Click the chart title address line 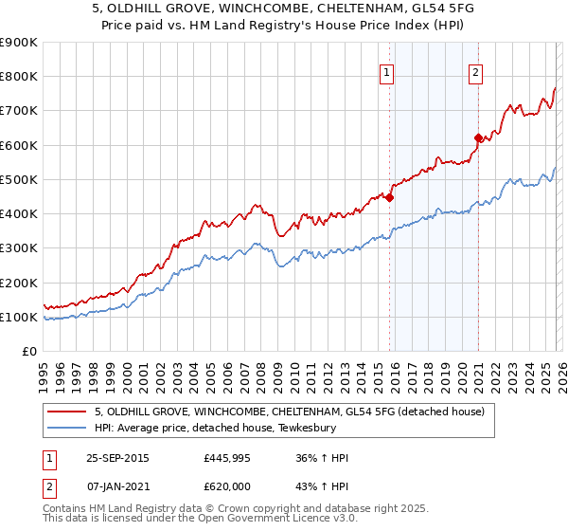pos(283,9)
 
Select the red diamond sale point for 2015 pos(389,198)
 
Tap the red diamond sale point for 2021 pos(478,137)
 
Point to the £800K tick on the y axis pos(19,77)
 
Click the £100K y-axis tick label pos(19,318)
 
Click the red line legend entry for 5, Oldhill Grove pos(290,412)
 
